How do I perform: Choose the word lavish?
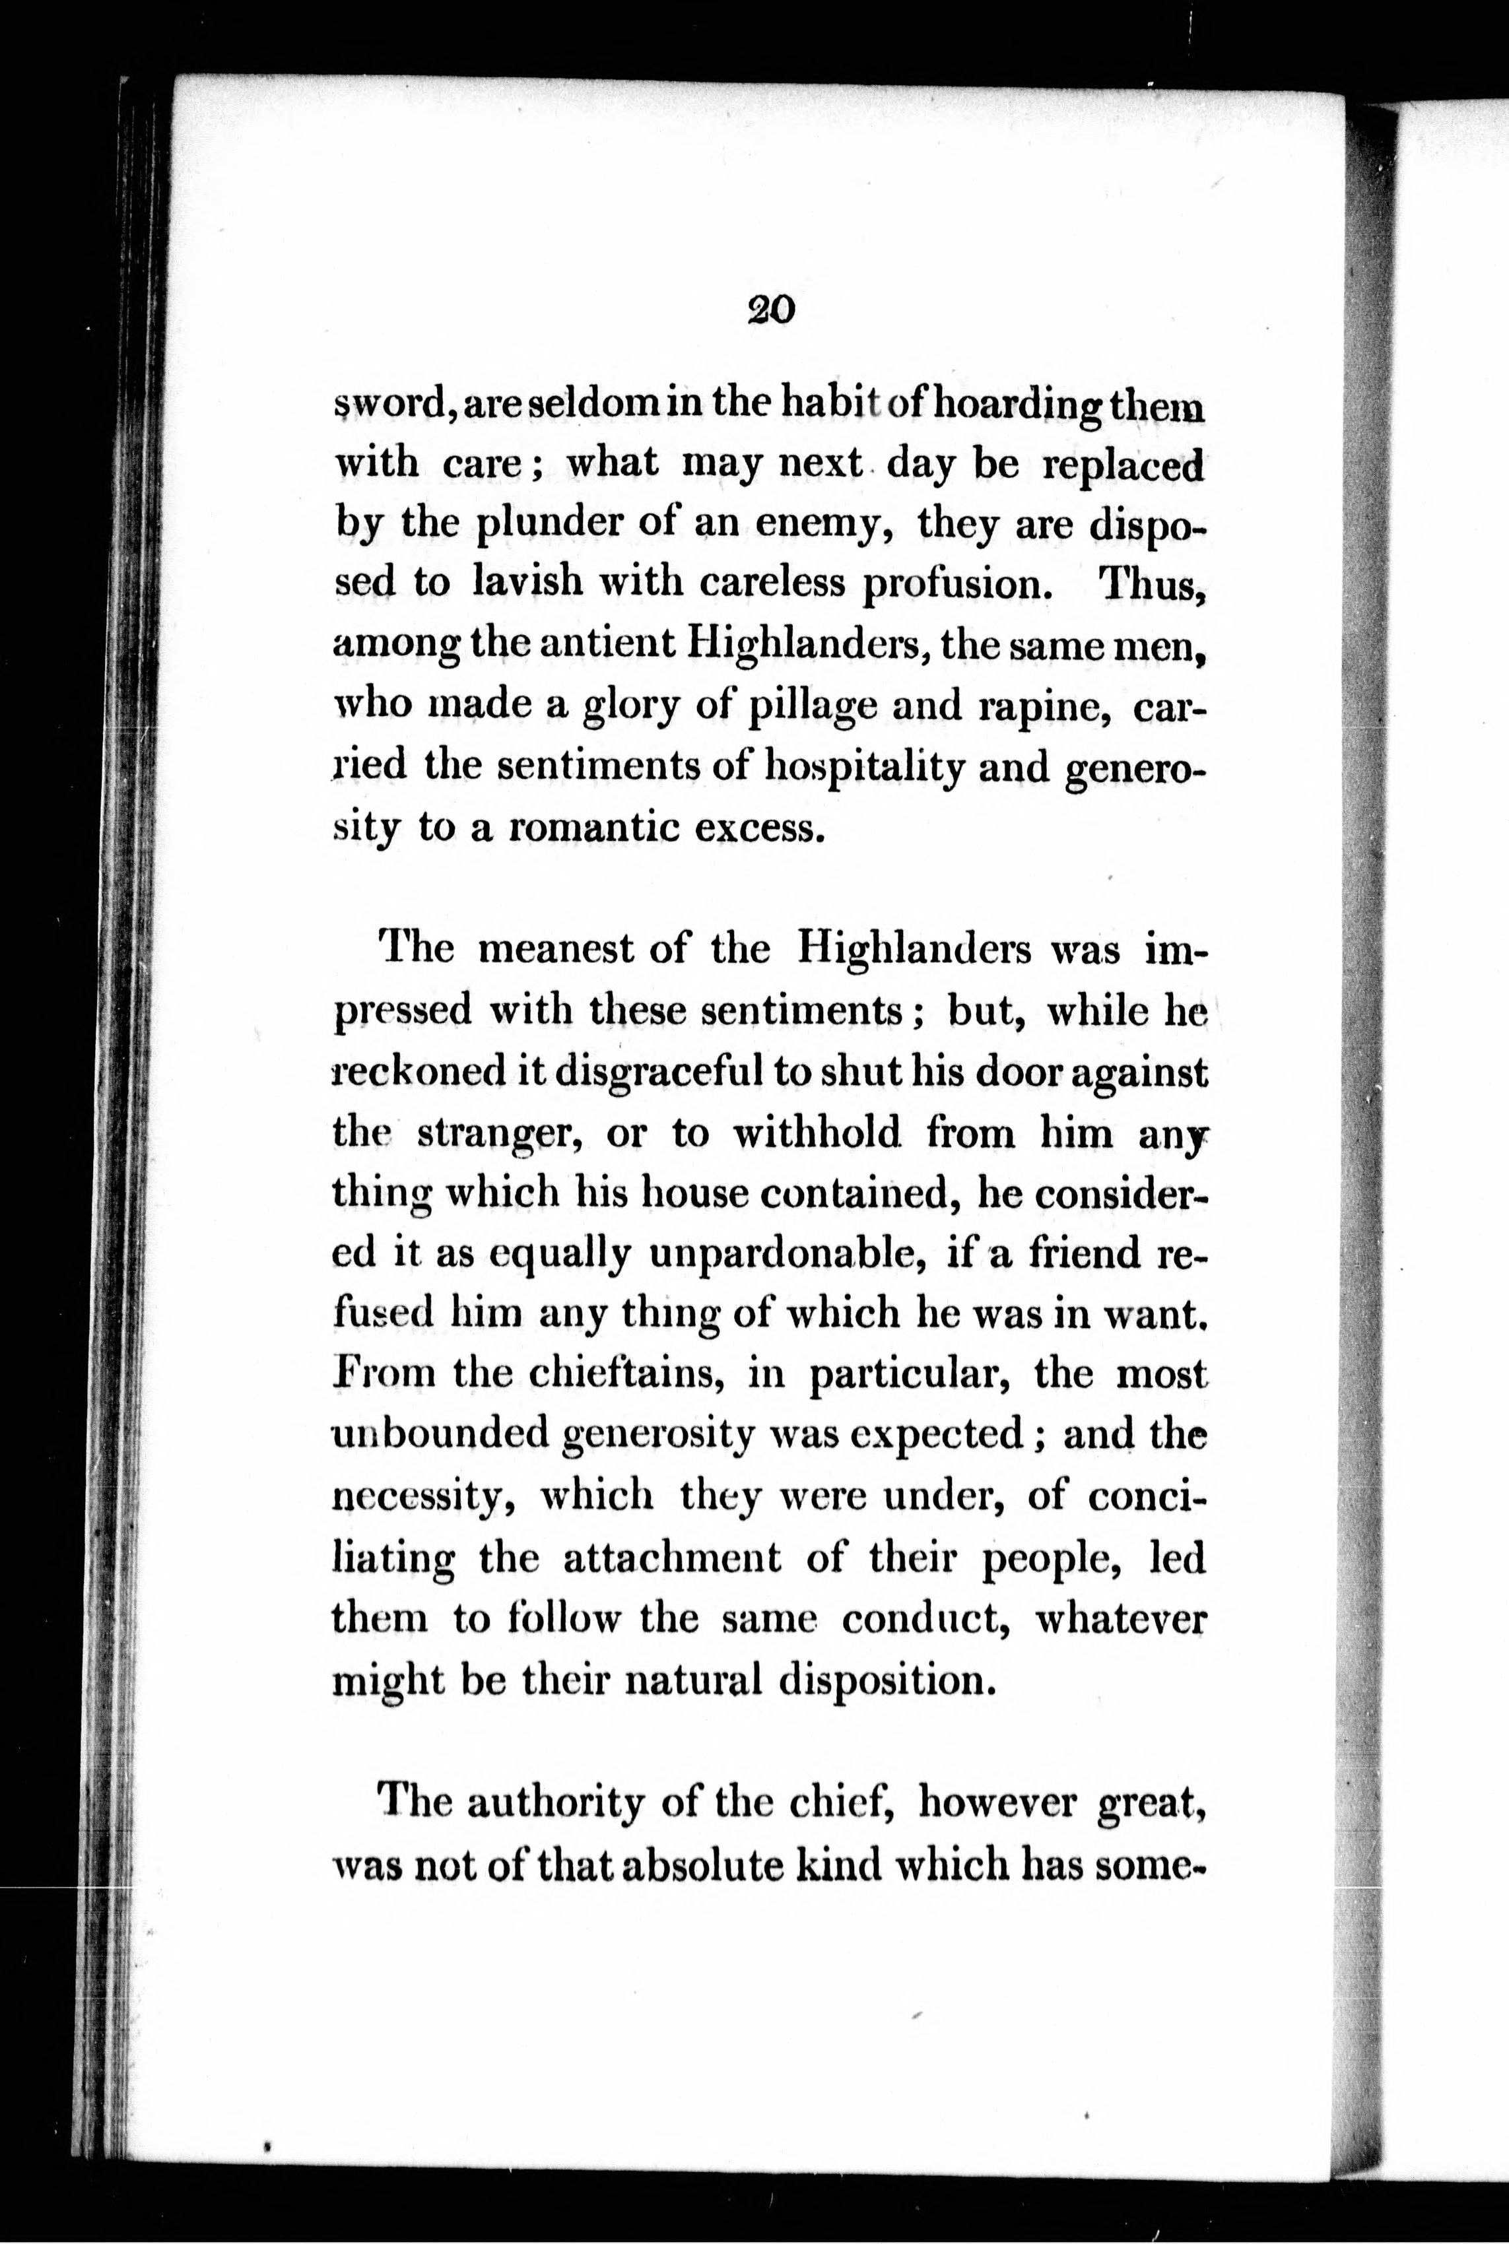pos(528,584)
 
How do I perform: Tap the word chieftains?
pos(626,1375)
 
